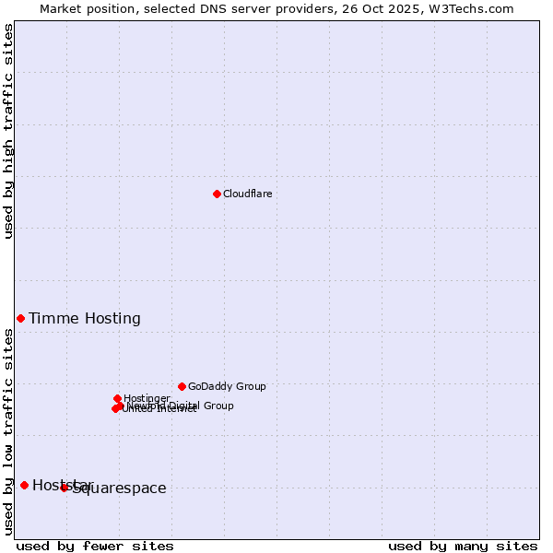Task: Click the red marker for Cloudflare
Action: (x=217, y=194)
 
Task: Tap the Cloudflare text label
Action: (x=247, y=194)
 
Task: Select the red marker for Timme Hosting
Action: (x=20, y=318)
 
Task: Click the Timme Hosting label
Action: (x=85, y=319)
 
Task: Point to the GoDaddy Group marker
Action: (x=182, y=386)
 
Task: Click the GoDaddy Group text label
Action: (x=227, y=387)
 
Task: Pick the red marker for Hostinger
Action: (x=117, y=398)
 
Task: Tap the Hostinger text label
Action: (x=147, y=398)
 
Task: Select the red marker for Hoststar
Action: (x=24, y=485)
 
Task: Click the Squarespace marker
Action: (x=65, y=488)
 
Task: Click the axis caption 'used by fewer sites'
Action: (x=95, y=546)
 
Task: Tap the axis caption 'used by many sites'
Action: (x=463, y=546)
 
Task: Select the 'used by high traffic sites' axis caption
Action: (x=9, y=131)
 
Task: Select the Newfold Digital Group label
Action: (x=181, y=406)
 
